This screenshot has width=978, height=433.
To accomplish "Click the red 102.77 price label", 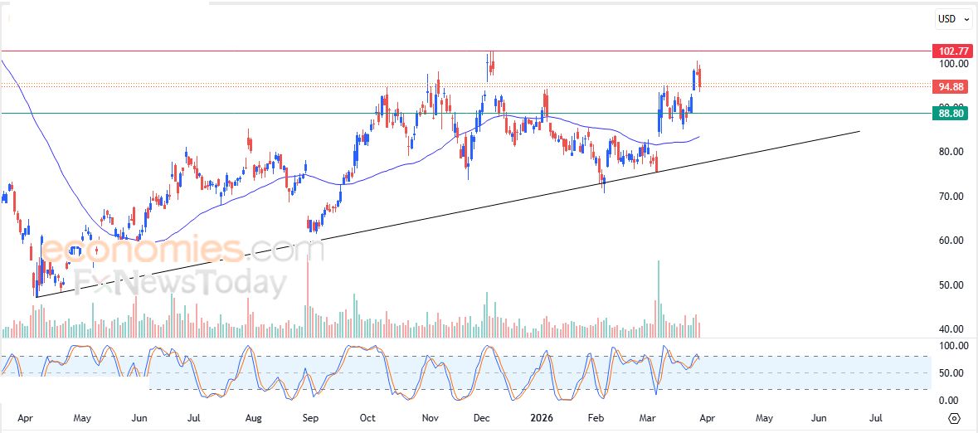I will (x=950, y=51).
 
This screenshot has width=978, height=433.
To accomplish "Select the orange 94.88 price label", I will (x=950, y=86).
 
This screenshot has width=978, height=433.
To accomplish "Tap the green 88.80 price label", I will (x=950, y=114).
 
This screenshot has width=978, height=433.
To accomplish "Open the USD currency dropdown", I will (x=952, y=18).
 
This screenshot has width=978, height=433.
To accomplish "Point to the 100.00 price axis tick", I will (x=953, y=64).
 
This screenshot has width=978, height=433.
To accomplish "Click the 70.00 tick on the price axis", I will (x=953, y=197).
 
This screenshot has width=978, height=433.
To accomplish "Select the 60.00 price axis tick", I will (x=953, y=241).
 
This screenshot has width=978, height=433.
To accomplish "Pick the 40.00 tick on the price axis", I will (x=953, y=329).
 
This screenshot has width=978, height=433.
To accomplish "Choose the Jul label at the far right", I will (x=875, y=419).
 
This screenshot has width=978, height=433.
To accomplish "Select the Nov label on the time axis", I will (x=430, y=419).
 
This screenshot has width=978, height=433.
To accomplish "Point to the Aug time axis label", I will (x=254, y=419).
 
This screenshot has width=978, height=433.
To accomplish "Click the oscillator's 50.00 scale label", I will (x=953, y=373).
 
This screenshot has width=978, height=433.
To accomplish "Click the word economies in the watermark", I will (x=141, y=249).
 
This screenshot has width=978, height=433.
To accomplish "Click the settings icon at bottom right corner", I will (x=954, y=418).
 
